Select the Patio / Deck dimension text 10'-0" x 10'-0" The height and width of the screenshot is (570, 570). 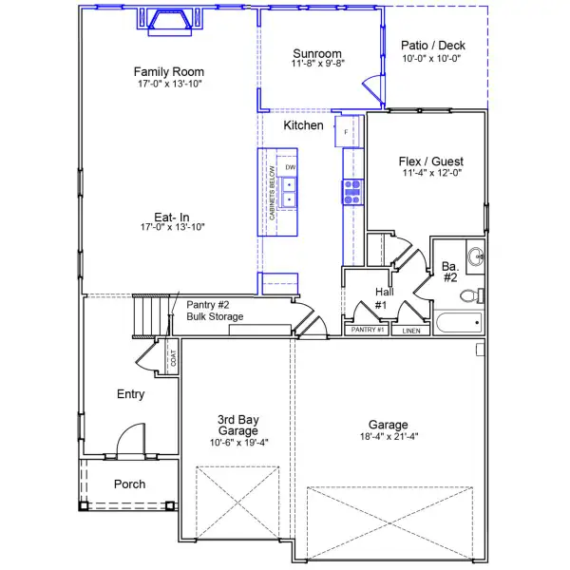coord(430,58)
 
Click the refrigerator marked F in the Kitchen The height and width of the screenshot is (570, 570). coord(347,131)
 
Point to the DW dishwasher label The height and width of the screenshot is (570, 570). coord(291,168)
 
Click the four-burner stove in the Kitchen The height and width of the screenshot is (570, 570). coord(351,193)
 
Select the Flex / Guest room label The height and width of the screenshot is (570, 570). coord(430,161)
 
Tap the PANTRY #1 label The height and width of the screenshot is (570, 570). coord(367,331)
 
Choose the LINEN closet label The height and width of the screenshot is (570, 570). coord(410,331)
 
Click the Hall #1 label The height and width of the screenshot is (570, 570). coord(382,298)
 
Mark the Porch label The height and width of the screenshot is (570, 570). coord(130,484)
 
